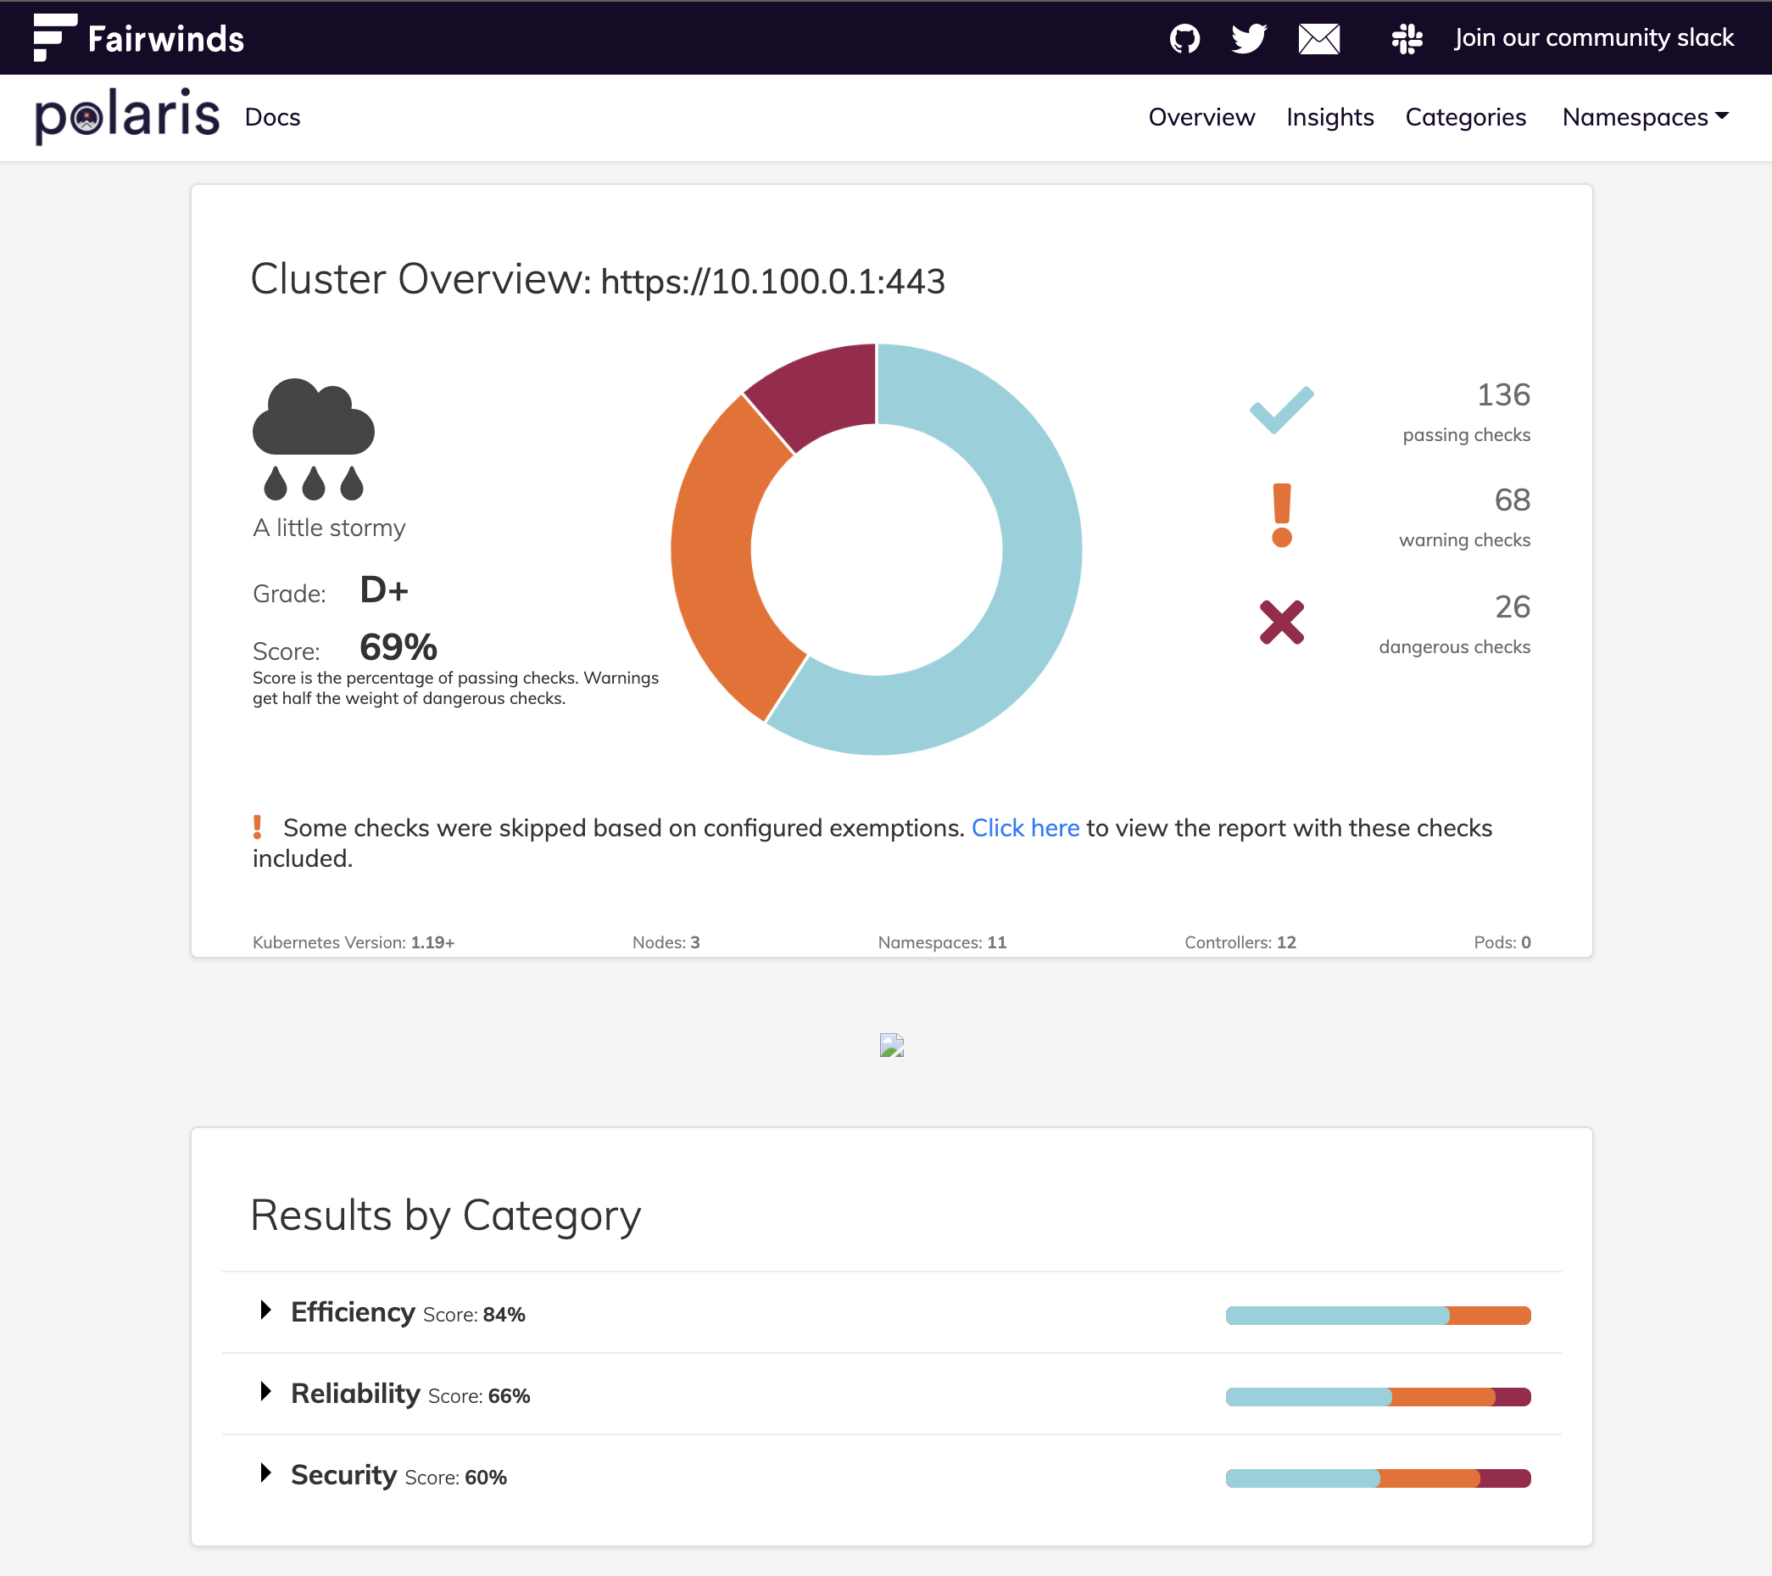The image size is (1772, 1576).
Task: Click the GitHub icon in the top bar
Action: (1184, 38)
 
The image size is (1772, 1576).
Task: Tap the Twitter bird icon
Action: (1249, 38)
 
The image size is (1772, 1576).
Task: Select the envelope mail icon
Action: (1318, 38)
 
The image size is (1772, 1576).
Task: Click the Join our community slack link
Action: (1593, 38)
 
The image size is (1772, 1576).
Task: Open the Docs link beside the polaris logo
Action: (272, 117)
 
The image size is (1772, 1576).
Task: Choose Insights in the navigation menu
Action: (1330, 117)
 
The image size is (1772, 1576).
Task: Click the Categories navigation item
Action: (1465, 117)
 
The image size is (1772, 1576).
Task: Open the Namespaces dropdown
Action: (1645, 117)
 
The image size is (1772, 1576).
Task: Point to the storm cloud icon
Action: (313, 438)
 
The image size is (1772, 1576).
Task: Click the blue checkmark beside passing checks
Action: (1281, 410)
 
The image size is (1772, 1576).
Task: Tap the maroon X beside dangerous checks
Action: (1281, 622)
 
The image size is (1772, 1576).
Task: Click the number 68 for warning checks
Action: (1512, 500)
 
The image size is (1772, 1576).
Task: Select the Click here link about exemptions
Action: (1026, 829)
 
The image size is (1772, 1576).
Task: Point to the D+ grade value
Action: (384, 590)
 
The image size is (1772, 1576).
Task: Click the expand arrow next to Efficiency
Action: (266, 1310)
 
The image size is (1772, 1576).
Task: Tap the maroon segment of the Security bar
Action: (1505, 1478)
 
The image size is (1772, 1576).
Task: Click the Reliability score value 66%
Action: (509, 1395)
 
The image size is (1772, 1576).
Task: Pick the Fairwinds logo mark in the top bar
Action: (54, 37)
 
